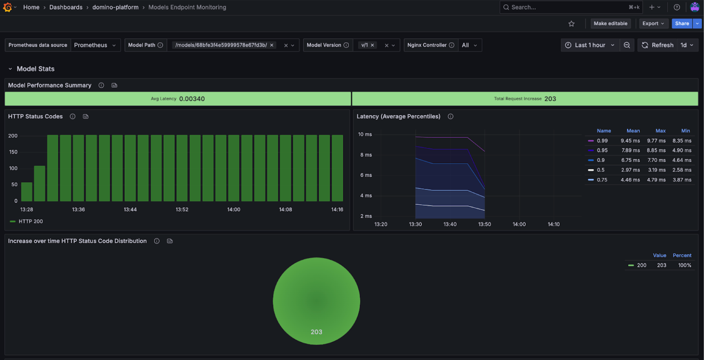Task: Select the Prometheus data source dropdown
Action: (x=95, y=45)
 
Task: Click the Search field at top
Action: (x=566, y=7)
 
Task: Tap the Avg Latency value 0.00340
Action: (x=192, y=99)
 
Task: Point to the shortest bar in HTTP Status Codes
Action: (x=27, y=192)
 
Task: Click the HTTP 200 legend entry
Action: (x=31, y=221)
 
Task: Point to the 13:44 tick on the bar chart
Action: (x=131, y=209)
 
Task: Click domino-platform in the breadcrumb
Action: (x=116, y=7)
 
